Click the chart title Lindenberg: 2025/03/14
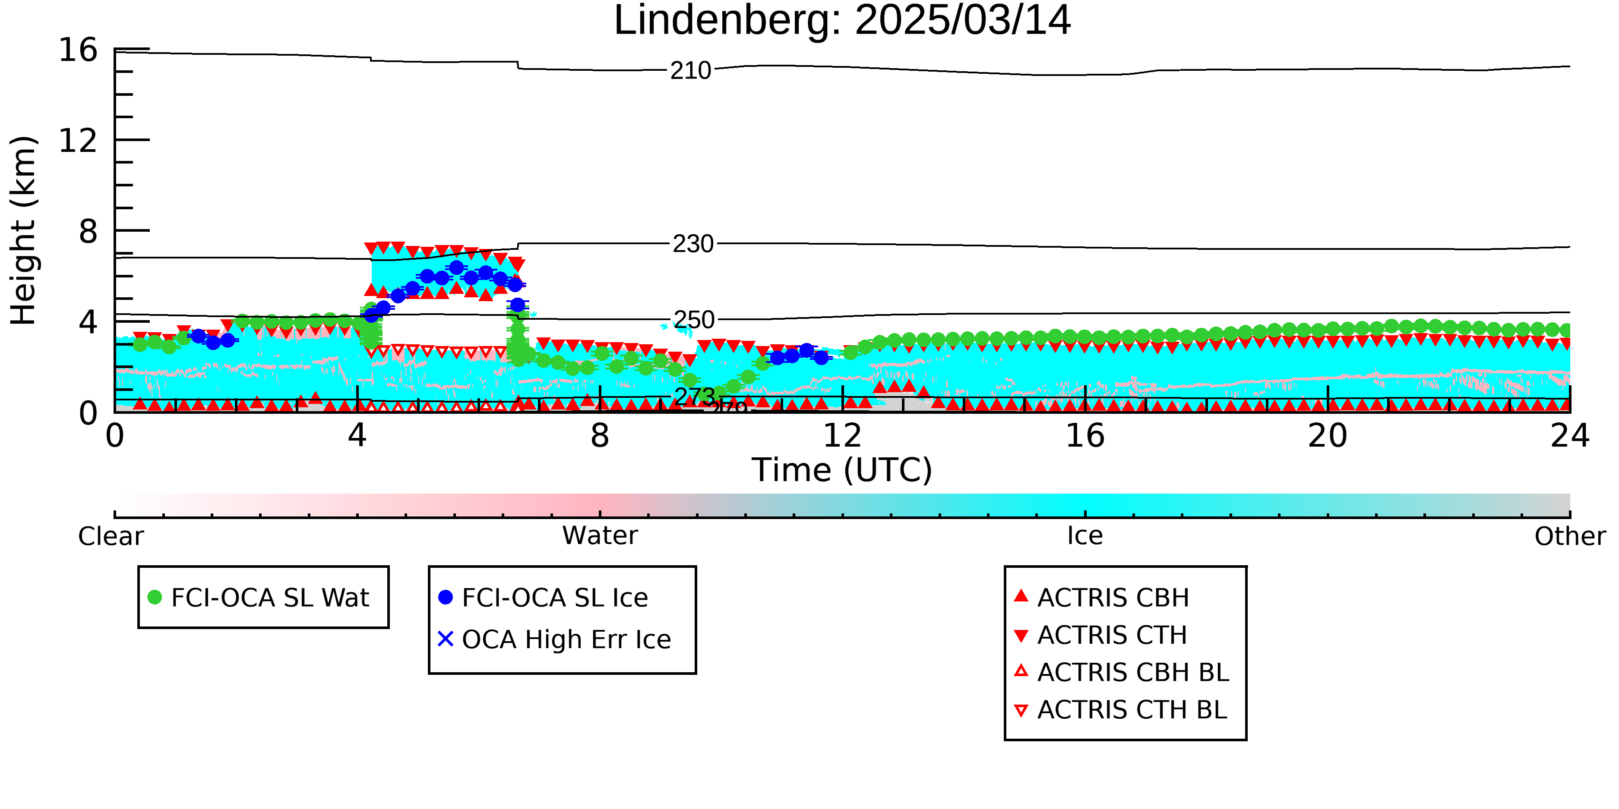(x=842, y=21)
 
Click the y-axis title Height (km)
(x=23, y=230)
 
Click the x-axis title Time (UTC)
(x=842, y=470)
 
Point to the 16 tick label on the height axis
(x=79, y=50)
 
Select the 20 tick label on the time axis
(x=1328, y=436)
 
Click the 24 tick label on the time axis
(x=1570, y=436)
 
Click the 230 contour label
(x=693, y=244)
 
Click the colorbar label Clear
(x=111, y=536)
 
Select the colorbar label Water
(x=600, y=536)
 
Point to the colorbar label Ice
(x=1085, y=536)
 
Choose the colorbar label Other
(x=1570, y=536)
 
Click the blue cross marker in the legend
(x=446, y=639)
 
